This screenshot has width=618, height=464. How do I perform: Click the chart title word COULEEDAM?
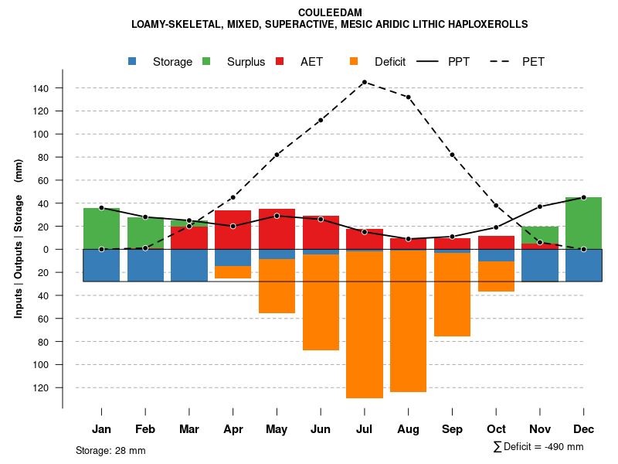tap(330, 12)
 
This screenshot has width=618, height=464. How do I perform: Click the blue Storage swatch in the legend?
tap(133, 61)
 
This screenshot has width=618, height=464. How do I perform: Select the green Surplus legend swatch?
tap(206, 61)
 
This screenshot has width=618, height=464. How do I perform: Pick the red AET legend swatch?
tap(280, 61)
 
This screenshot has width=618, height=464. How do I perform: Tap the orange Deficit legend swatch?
tap(354, 61)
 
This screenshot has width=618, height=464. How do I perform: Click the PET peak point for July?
tap(364, 82)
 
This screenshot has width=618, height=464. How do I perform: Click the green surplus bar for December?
tap(583, 223)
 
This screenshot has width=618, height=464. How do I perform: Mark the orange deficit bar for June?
tap(321, 302)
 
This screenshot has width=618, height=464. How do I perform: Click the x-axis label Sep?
tap(452, 429)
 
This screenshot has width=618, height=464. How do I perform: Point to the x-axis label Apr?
tap(233, 429)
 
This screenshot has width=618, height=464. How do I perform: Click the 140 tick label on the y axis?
tap(41, 88)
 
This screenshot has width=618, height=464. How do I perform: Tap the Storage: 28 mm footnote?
tap(110, 450)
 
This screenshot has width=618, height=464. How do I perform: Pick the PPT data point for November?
tap(539, 206)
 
